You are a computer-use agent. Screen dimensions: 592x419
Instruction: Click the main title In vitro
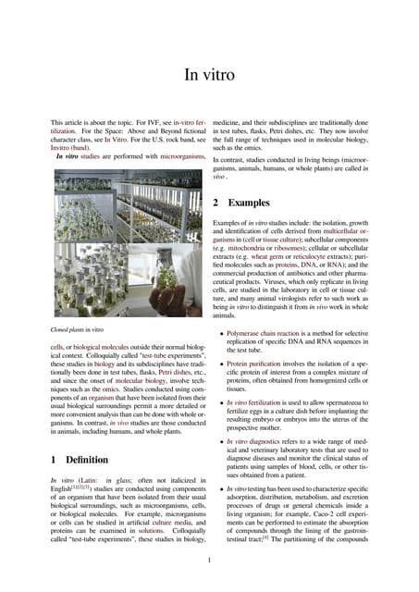pos(209,74)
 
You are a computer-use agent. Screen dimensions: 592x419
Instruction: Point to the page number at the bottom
pos(210,559)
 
